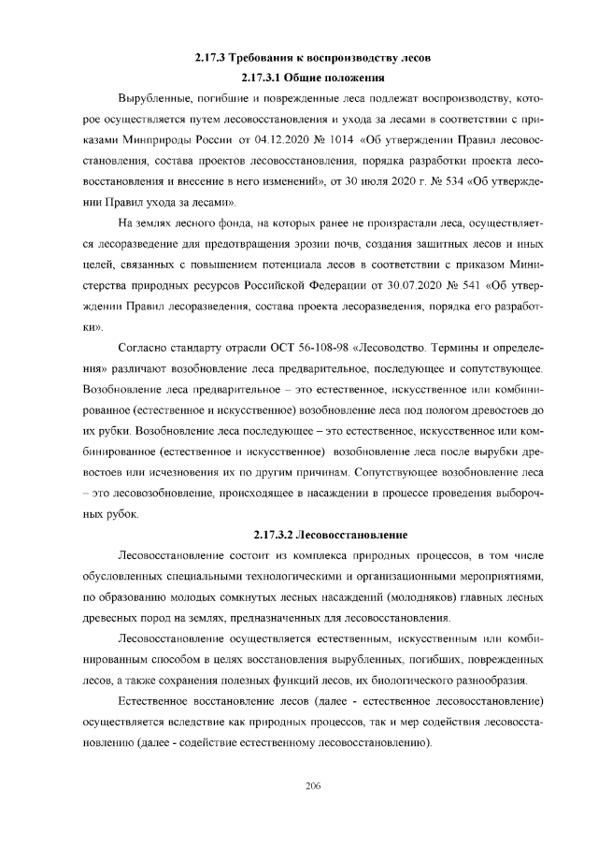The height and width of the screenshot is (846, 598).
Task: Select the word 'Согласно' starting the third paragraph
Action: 144,349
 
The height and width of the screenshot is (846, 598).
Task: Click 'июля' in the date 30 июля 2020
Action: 371,181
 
